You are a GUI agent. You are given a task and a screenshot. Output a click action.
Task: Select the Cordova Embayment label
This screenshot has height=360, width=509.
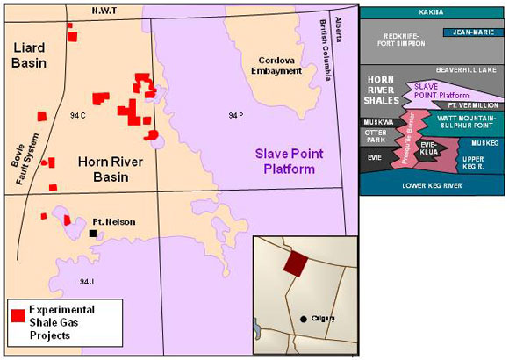tap(279, 66)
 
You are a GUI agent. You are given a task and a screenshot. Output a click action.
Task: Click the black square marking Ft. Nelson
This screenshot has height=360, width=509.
tap(92, 234)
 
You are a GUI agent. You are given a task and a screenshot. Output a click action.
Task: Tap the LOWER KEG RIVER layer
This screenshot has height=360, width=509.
tap(432, 185)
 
